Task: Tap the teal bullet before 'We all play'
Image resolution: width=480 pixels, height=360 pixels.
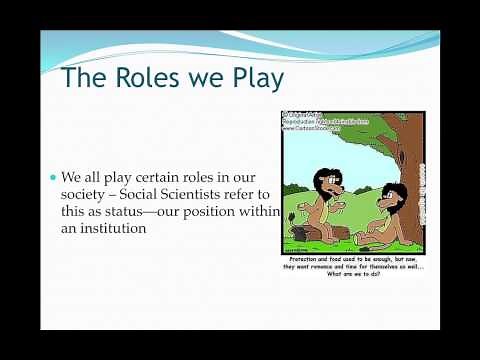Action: point(55,177)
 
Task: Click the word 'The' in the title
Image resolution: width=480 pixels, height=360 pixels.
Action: point(78,79)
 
